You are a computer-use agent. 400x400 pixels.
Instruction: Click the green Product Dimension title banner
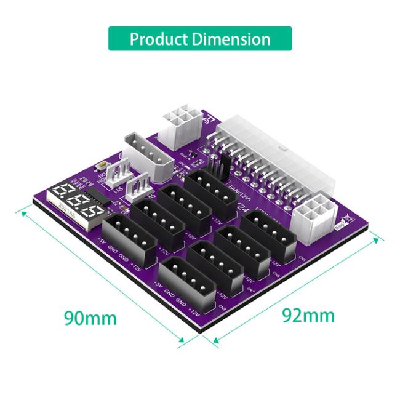click(200, 39)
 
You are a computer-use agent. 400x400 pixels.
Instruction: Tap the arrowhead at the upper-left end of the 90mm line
click(23, 212)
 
